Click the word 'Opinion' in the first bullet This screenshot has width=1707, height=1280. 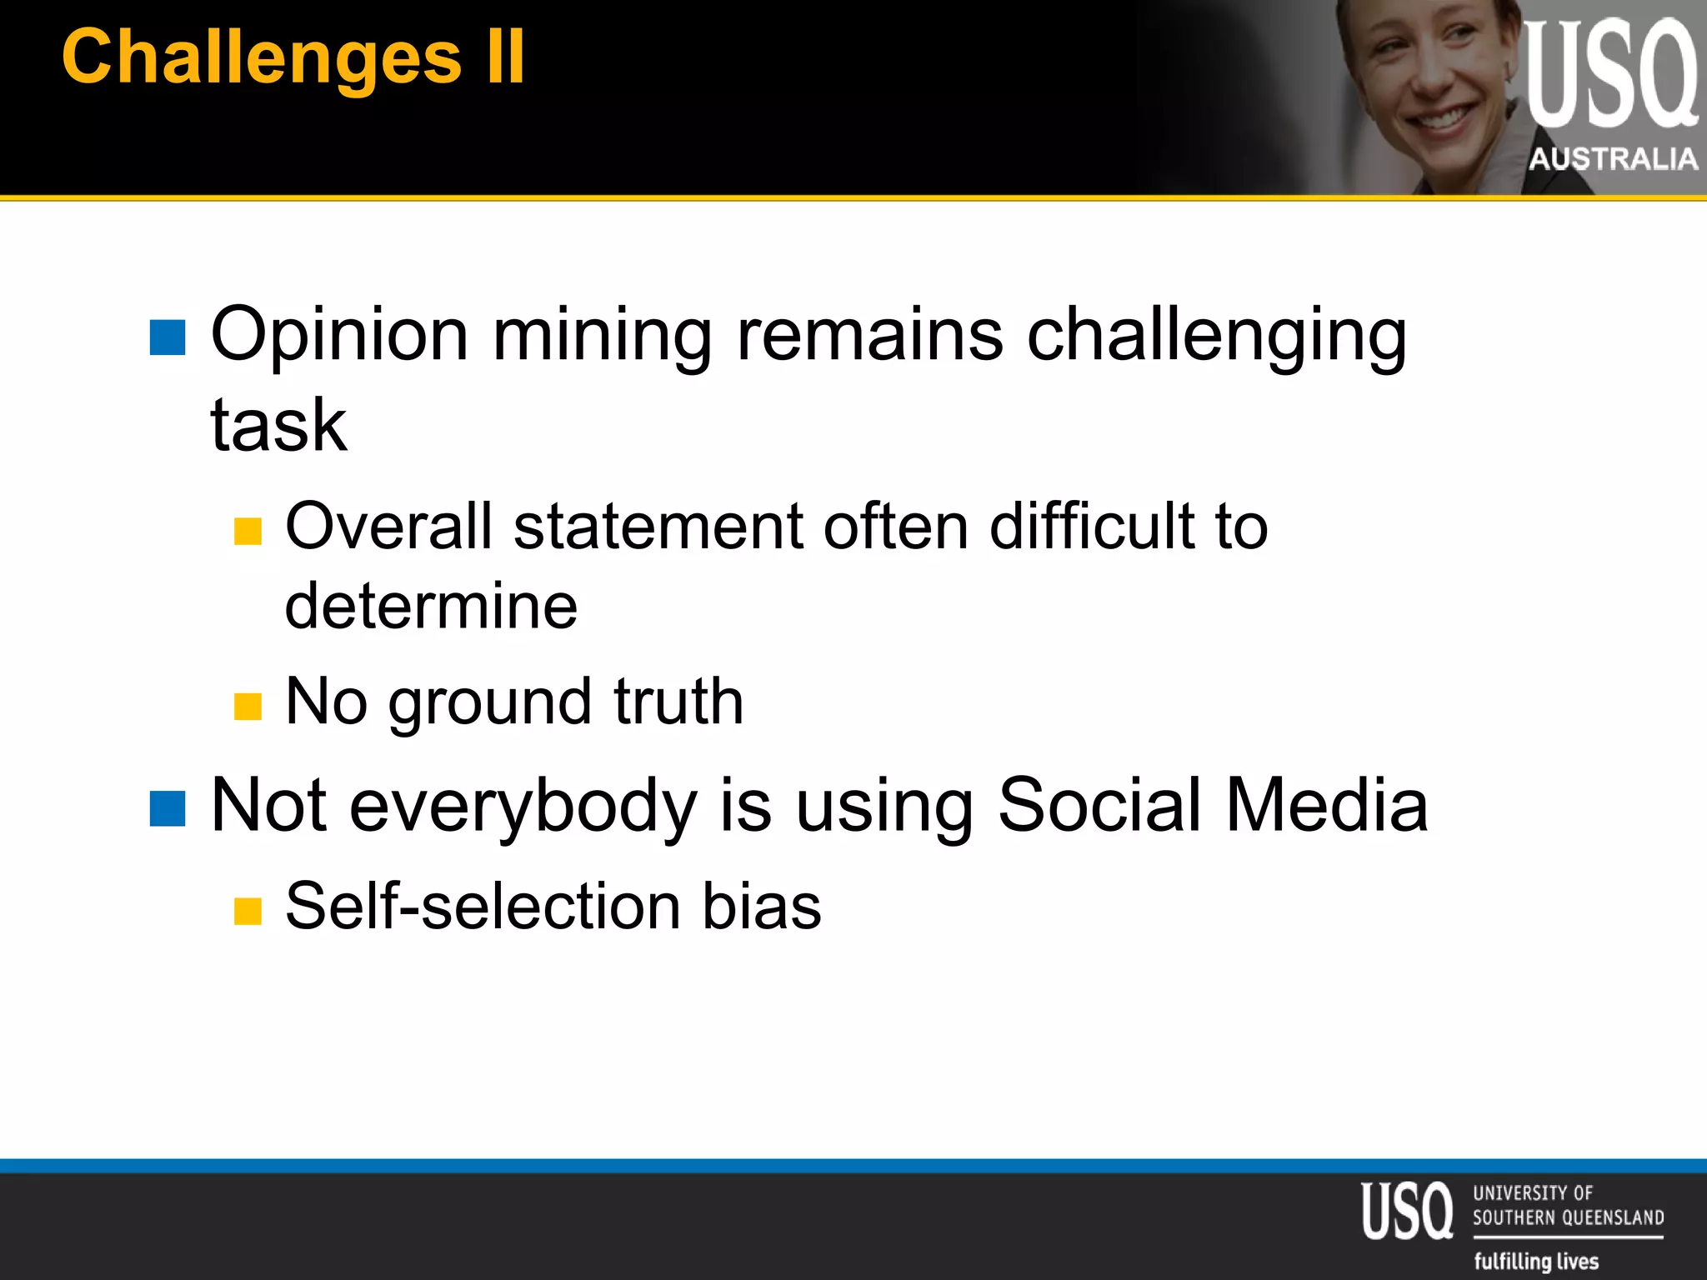coord(339,335)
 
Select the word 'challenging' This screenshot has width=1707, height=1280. coord(1216,335)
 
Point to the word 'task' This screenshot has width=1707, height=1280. coord(278,425)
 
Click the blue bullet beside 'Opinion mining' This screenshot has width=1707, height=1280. coord(168,337)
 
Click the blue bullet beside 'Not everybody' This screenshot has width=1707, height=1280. coord(168,808)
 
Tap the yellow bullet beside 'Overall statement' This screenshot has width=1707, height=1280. coord(248,531)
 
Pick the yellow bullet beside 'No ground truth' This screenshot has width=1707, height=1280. coord(248,706)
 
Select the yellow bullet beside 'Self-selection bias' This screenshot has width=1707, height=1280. coord(248,911)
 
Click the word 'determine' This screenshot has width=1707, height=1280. coord(431,605)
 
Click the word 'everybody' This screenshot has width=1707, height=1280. coord(523,806)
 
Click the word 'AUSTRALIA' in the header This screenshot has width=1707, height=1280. coord(1613,158)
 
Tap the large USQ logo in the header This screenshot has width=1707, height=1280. coord(1610,75)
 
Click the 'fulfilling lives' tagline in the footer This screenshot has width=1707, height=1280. coord(1536,1261)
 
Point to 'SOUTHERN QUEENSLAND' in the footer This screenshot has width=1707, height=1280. coord(1568,1217)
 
